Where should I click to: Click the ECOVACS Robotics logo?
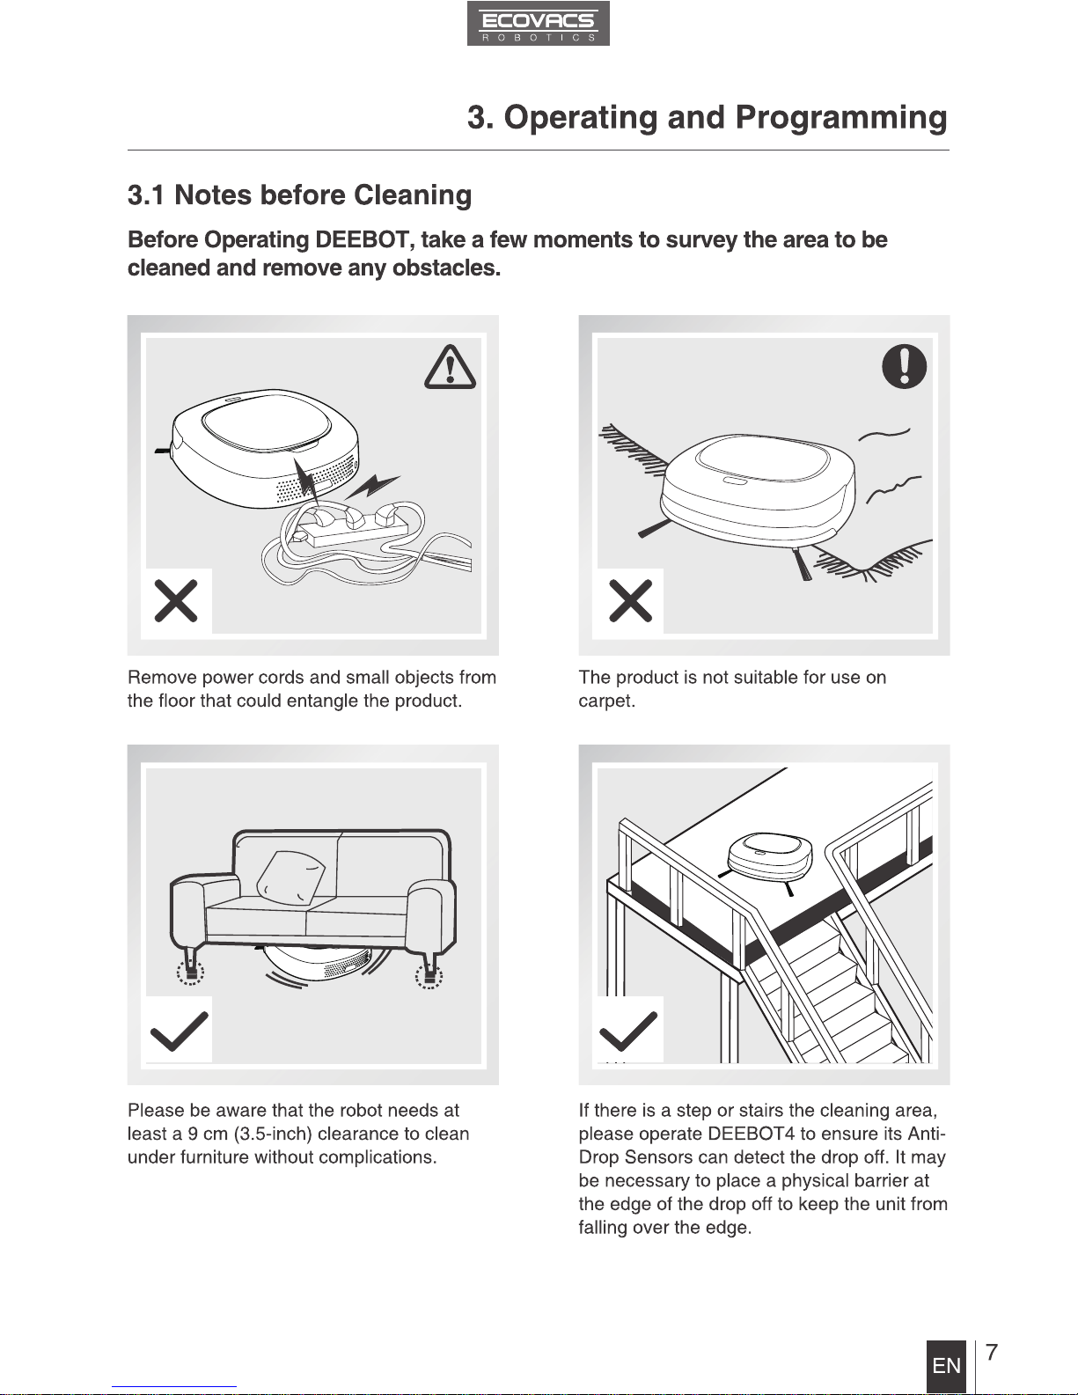click(538, 24)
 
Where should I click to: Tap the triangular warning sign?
click(450, 368)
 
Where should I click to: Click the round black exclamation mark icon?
click(904, 366)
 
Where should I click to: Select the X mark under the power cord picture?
click(176, 601)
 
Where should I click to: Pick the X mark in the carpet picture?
click(630, 601)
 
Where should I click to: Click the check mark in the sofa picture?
click(179, 1031)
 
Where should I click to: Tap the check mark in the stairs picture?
click(628, 1031)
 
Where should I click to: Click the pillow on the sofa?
click(290, 877)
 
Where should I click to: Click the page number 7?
click(992, 1351)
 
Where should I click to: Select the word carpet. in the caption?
click(607, 701)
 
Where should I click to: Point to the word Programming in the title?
click(841, 117)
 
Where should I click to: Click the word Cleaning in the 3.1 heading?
click(413, 195)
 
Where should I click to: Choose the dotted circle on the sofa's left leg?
click(191, 973)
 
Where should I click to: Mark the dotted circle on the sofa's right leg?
click(429, 976)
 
